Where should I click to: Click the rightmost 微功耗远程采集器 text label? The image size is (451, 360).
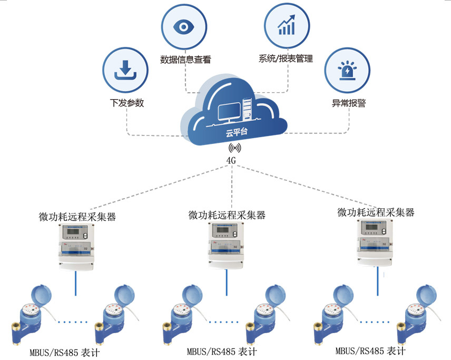tap(376, 212)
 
